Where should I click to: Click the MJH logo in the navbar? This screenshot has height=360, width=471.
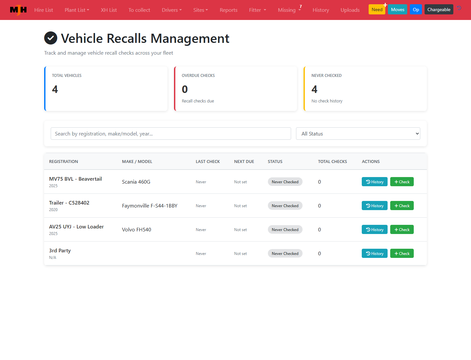[x=18, y=10]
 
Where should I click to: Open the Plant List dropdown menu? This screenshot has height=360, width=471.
[x=77, y=10]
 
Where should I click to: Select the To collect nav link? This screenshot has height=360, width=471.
[x=139, y=10]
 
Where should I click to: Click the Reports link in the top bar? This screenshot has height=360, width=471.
[x=229, y=10]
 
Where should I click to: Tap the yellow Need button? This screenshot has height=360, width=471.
[x=377, y=9]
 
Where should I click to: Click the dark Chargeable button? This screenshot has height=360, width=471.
[x=439, y=9]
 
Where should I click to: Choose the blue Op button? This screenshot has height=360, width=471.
[x=416, y=9]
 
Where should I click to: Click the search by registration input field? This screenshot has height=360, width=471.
[x=171, y=134]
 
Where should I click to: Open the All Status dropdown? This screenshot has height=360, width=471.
[x=358, y=134]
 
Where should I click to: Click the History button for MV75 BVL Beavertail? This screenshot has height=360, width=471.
[x=375, y=182]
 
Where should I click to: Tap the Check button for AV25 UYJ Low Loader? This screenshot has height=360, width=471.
[x=402, y=229]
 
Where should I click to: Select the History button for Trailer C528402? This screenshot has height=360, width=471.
[x=375, y=206]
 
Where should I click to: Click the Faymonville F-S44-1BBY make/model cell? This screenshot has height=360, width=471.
[x=150, y=206]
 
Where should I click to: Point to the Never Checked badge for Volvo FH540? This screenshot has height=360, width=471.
[x=285, y=229]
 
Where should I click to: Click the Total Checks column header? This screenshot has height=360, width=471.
[x=332, y=161]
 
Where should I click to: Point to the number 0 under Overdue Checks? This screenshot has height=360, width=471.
[x=185, y=89]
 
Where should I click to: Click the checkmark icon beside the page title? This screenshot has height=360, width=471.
[x=51, y=38]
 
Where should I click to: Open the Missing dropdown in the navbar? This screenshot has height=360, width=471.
[x=289, y=10]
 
